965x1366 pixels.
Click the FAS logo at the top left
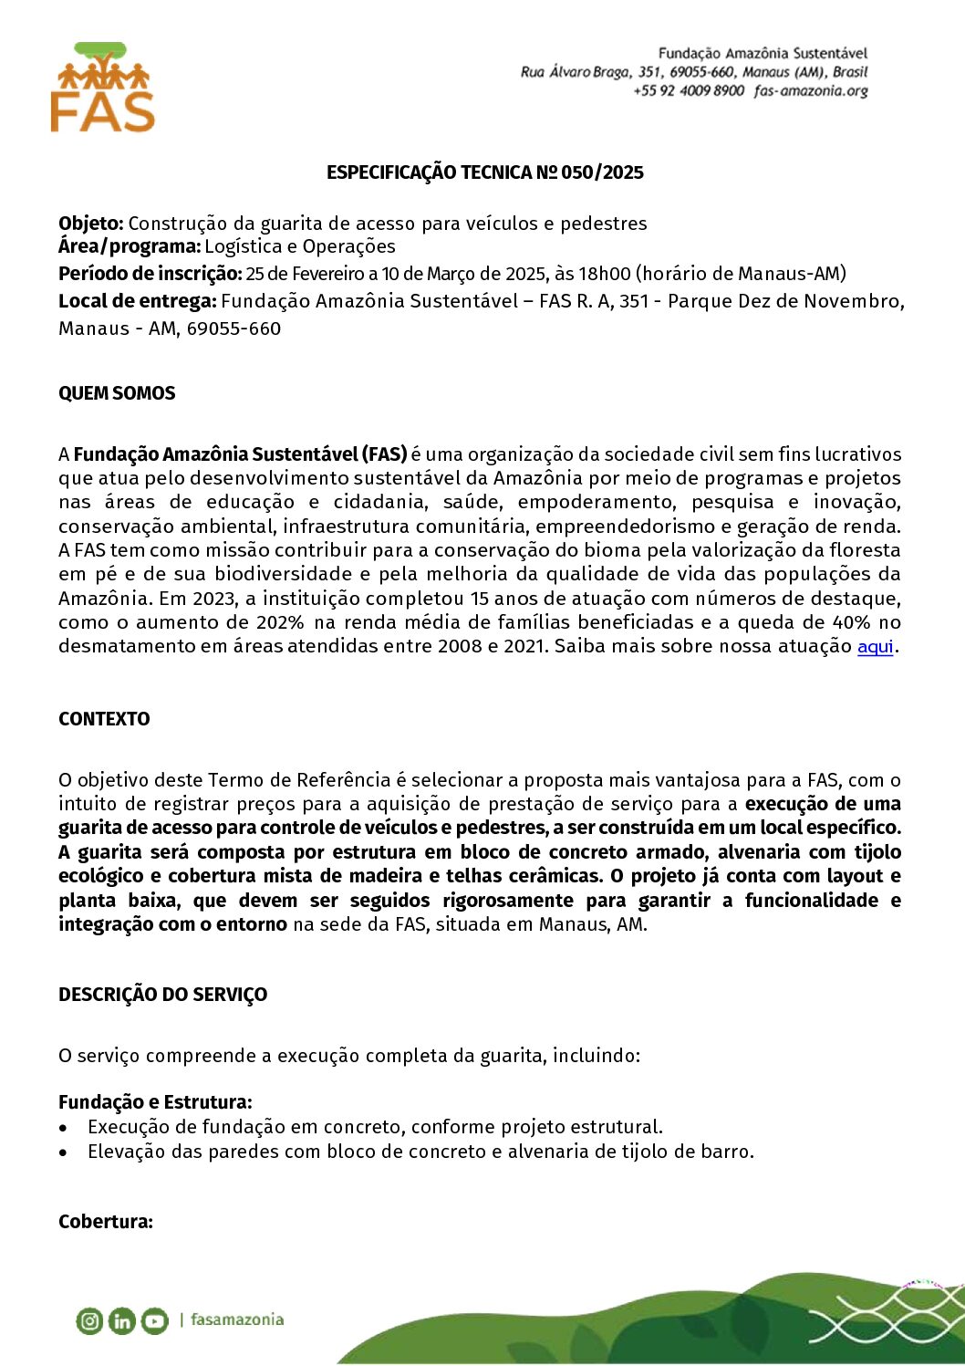[102, 88]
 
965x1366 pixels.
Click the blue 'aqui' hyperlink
[875, 647]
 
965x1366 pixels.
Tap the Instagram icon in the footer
[89, 1320]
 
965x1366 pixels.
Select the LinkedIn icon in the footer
[121, 1320]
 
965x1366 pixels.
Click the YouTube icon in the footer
[154, 1320]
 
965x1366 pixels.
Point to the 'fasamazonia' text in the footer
[237, 1319]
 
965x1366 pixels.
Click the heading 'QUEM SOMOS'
[117, 393]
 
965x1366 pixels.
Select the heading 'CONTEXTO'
[104, 719]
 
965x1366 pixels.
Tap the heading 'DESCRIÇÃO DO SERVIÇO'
[163, 995]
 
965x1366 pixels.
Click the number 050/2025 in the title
[602, 172]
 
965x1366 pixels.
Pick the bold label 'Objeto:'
[90, 224]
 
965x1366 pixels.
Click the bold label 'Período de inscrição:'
[150, 274]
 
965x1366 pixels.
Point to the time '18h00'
[605, 274]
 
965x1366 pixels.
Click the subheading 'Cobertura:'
[106, 1222]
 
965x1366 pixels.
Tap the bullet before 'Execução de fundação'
[63, 1128]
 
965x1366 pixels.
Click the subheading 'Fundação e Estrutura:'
[155, 1102]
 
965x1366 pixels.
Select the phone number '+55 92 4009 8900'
[689, 91]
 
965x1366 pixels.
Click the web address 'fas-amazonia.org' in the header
[811, 91]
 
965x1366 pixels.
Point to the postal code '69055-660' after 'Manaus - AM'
[233, 328]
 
